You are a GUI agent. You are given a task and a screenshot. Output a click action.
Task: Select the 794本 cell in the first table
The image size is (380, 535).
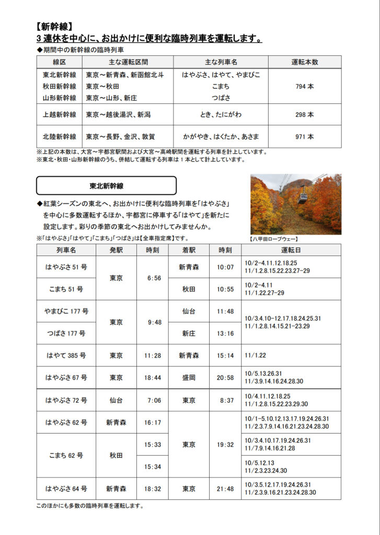coord(304,86)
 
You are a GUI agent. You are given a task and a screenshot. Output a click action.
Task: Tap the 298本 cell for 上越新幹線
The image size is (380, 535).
coord(304,114)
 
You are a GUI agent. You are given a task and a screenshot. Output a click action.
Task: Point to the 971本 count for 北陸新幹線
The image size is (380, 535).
coord(304,137)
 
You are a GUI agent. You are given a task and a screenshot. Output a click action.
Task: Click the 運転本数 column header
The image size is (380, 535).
coord(304,62)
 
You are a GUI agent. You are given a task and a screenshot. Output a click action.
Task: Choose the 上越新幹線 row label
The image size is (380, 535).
coord(59,114)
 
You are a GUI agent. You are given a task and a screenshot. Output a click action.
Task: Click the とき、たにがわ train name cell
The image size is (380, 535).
coord(221,114)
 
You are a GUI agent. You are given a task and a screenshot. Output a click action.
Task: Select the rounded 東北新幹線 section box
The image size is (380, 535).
coord(106,185)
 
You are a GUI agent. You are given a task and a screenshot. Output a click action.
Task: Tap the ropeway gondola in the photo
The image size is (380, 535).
coord(303,197)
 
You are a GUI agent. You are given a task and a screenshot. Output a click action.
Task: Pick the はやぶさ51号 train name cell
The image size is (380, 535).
coord(66,267)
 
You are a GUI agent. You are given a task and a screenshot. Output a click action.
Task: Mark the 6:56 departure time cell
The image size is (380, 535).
coord(154,278)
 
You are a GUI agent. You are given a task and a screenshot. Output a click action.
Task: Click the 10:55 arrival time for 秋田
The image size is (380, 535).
coord(225,289)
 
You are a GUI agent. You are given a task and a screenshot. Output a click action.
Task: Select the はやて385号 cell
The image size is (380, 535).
coord(66,355)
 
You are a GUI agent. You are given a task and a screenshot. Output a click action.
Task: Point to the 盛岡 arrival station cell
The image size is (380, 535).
coord(189,378)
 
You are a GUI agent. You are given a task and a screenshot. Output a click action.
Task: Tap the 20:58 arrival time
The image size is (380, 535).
coord(225,378)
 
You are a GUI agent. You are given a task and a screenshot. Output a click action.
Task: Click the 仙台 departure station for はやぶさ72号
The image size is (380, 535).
coord(117,400)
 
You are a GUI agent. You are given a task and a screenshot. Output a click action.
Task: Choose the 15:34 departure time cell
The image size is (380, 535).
coord(154,466)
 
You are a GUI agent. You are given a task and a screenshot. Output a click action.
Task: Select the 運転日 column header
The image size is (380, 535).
coord(291,250)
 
